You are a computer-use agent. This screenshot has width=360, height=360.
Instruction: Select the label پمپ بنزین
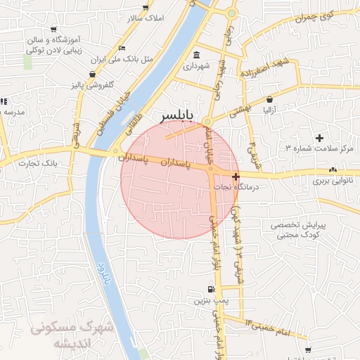point(209,300)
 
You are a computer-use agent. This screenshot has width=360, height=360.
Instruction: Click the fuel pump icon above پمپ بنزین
point(210,289)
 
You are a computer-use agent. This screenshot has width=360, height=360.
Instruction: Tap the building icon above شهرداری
point(195,56)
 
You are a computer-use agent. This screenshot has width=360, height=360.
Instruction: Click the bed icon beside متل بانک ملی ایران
point(123,48)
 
